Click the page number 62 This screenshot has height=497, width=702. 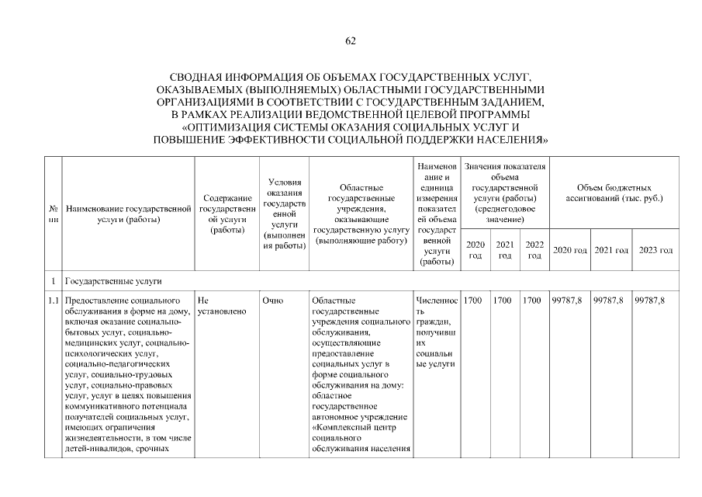point(351,41)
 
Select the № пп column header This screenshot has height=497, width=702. point(54,214)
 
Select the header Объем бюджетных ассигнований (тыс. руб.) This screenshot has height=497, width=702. point(614,193)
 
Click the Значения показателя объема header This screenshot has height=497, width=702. point(504,193)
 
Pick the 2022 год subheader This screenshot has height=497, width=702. point(534,249)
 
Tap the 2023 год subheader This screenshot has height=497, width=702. point(655,250)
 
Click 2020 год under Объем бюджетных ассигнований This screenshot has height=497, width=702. point(569,250)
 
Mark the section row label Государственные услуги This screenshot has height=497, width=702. point(114,280)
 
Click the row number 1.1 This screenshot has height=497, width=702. point(54,301)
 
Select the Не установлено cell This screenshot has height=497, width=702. point(222,306)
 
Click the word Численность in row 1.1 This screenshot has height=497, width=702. point(437,306)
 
